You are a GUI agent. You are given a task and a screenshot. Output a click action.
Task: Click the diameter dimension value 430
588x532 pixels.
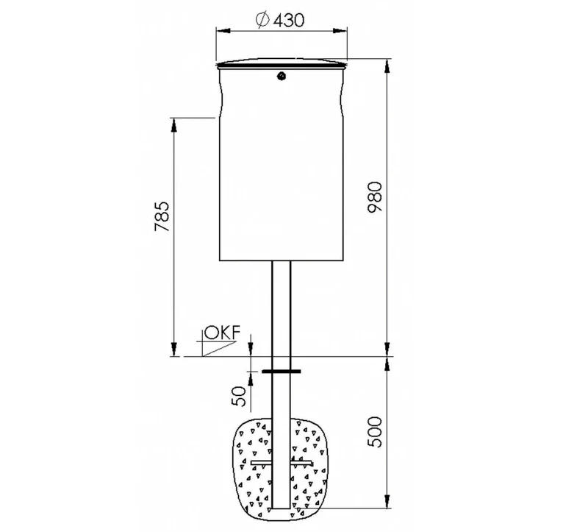[x=289, y=21]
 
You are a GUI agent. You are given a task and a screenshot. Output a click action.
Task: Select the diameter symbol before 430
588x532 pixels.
[x=262, y=20]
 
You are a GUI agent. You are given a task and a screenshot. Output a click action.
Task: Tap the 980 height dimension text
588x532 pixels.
[x=375, y=197]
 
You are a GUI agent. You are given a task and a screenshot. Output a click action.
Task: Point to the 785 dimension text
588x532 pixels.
[x=162, y=216]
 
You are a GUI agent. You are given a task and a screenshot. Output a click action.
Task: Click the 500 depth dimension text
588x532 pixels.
[x=375, y=432]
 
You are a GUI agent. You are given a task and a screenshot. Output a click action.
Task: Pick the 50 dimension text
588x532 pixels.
[x=239, y=396]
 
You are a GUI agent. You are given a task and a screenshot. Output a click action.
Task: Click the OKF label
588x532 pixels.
[x=223, y=333]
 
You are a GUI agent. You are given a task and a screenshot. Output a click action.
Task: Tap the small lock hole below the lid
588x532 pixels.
[x=281, y=77]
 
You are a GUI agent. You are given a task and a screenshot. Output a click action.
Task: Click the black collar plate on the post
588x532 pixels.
[x=282, y=372]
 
